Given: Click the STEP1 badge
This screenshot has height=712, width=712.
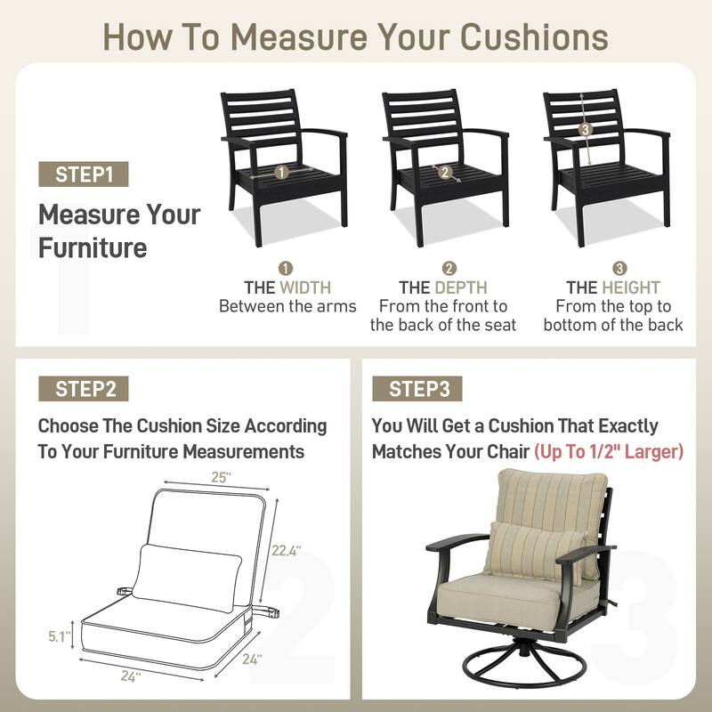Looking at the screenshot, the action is point(84,174).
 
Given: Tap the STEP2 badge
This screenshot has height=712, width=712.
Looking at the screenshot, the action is point(84,389).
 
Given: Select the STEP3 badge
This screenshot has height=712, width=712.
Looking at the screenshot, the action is point(417,389).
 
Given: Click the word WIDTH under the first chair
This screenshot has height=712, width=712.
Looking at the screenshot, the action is point(305,287).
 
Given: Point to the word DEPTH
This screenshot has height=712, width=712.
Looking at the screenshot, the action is point(461,287).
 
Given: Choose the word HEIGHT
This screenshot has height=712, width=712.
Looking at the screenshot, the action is point(631,287).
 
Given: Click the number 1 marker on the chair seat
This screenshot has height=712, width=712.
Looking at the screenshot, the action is point(281,173).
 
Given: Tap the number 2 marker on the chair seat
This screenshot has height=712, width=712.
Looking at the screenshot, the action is point(445,172).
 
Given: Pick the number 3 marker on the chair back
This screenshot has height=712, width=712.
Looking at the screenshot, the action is point(586,130).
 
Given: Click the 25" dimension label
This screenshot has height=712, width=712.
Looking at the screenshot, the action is point(221,478).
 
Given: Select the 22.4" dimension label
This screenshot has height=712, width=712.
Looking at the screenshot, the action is point(286,551).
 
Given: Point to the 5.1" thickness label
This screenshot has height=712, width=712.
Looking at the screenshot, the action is point(60,636).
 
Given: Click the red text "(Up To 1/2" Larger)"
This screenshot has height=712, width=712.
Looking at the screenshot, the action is point(609,452).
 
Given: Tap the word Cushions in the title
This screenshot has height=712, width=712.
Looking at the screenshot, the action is point(535,36).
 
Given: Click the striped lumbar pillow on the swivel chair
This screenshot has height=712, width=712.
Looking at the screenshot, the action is point(536,551).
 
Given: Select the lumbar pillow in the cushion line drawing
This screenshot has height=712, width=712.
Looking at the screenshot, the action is point(187,578).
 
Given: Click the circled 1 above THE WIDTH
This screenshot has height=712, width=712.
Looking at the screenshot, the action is point(285,269).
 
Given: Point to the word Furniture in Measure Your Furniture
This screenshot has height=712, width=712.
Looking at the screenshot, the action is point(93,248).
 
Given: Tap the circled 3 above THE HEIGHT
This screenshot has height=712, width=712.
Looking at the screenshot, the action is point(619,269).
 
